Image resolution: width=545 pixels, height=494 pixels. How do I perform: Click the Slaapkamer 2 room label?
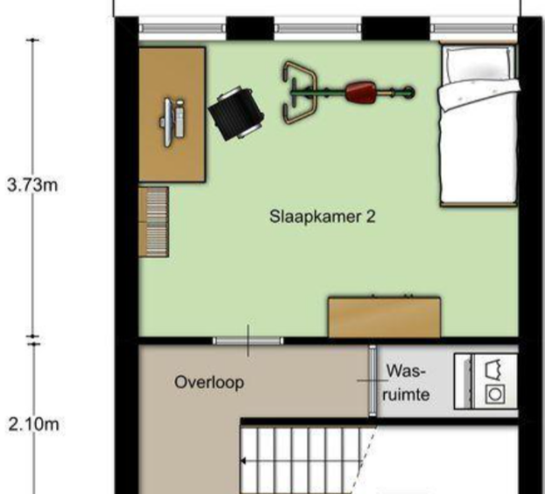click(x=322, y=217)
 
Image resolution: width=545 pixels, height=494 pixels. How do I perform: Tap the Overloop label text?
click(x=209, y=383)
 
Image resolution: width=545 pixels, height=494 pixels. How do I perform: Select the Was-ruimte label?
click(x=406, y=383)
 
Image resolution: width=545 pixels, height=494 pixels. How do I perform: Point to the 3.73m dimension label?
click(x=32, y=185)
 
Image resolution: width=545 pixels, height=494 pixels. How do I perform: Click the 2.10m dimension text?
click(x=33, y=425)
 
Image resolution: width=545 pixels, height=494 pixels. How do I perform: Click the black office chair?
click(x=237, y=113)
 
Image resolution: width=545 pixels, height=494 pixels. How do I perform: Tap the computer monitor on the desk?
click(x=168, y=122)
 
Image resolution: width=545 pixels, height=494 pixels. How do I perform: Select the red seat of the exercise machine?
click(x=360, y=92)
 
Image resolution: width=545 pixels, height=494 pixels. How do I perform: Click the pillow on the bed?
click(x=478, y=65)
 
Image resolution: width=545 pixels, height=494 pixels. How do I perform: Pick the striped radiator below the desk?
click(x=153, y=222)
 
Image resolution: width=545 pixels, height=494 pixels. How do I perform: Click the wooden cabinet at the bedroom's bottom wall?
click(x=385, y=317)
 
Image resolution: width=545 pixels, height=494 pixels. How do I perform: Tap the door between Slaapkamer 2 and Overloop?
click(x=248, y=340)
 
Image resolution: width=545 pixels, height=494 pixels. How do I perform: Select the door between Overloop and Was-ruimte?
click(x=372, y=381)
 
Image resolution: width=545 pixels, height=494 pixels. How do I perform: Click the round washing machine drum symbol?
click(x=495, y=395)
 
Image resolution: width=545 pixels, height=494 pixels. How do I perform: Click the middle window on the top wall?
click(x=318, y=28)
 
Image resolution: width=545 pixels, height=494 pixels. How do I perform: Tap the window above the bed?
click(x=474, y=28)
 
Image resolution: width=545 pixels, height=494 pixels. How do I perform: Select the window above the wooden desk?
click(x=182, y=28)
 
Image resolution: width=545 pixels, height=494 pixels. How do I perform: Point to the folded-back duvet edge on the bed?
click(x=478, y=93)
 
